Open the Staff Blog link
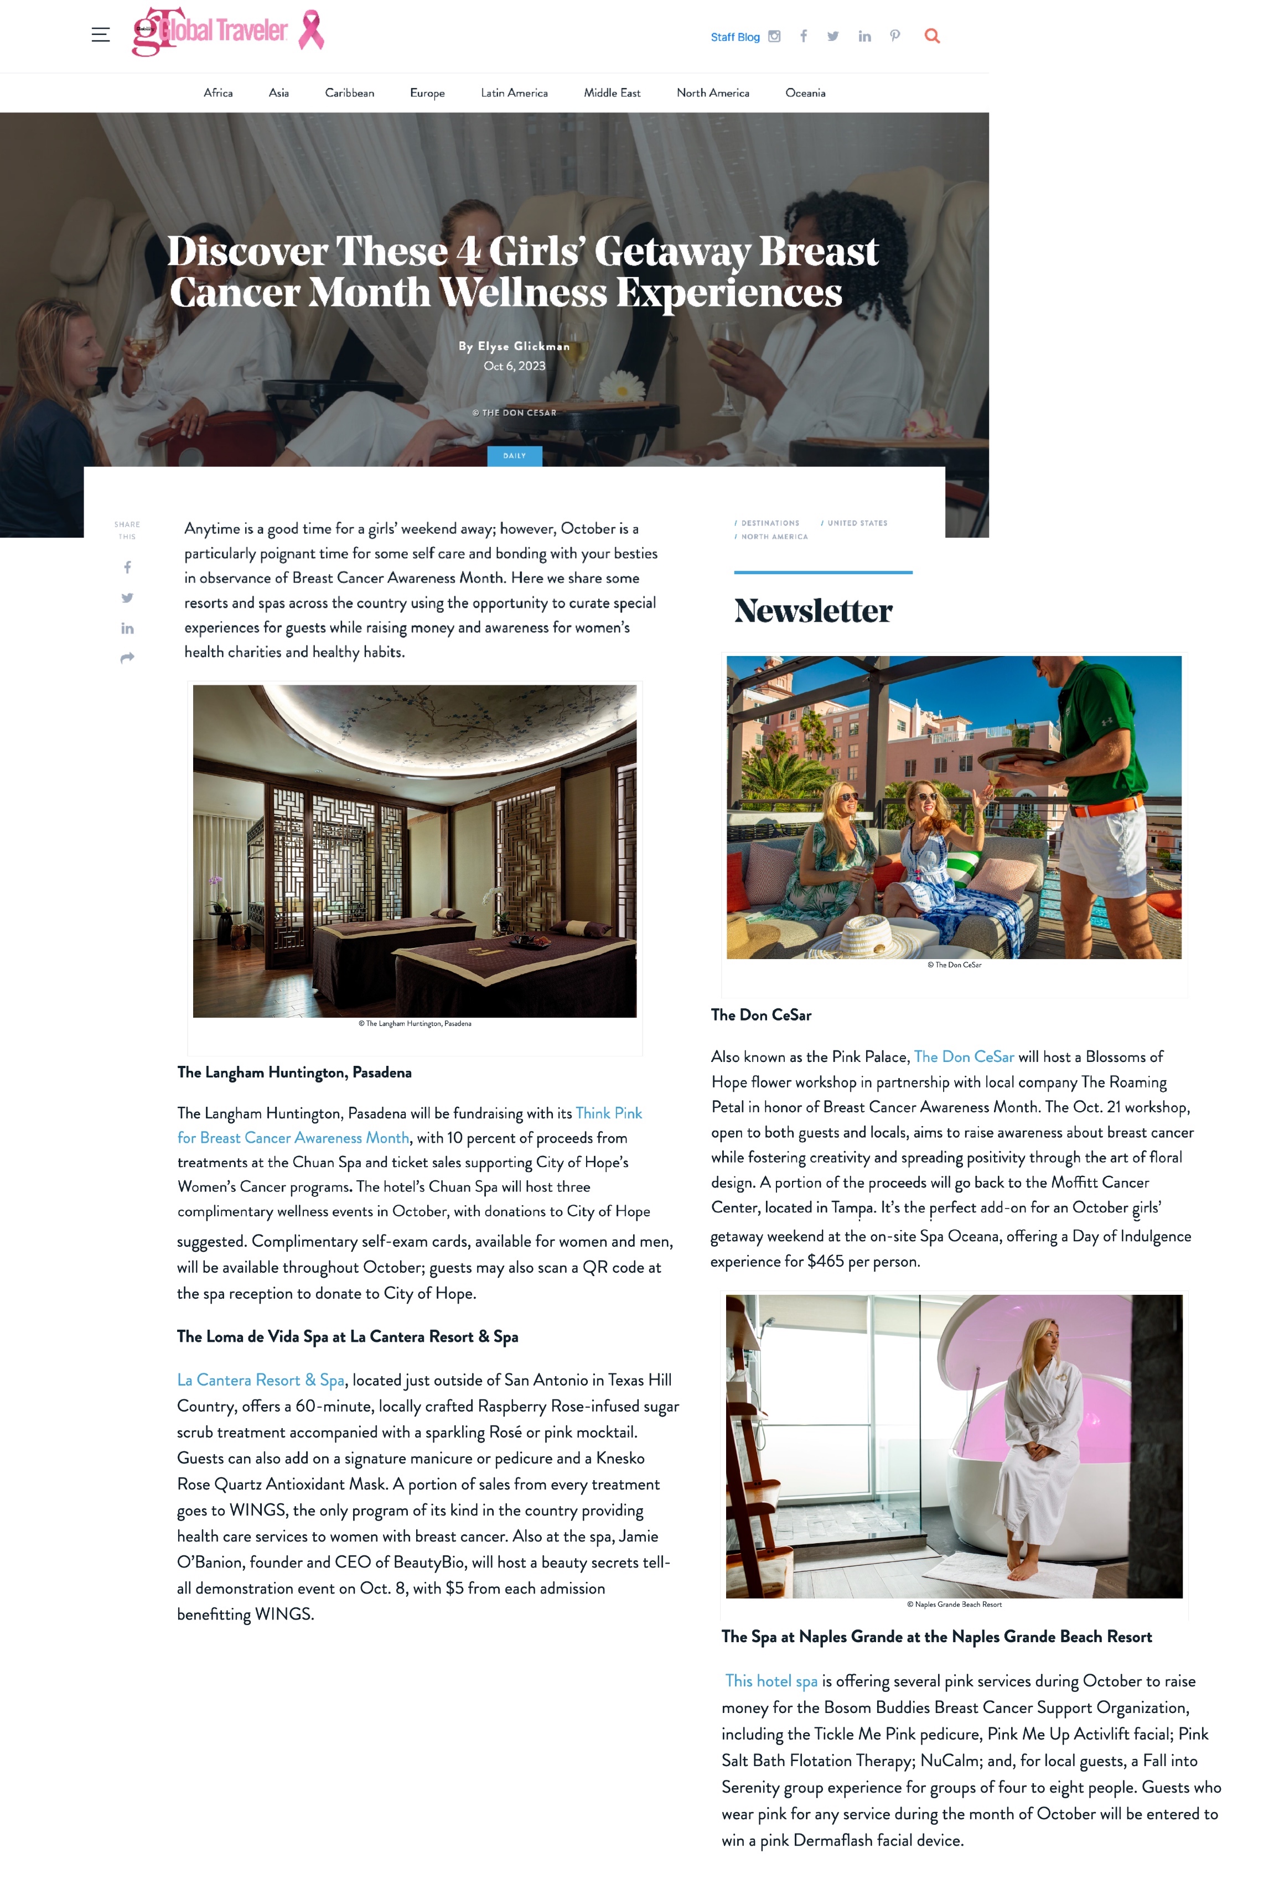point(734,37)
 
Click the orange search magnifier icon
point(931,36)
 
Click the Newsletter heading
point(812,611)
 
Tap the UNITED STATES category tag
point(856,523)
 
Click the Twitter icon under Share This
point(127,598)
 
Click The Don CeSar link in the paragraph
point(964,1057)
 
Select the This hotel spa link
point(770,1681)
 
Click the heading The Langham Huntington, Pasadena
point(294,1072)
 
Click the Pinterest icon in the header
point(894,36)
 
